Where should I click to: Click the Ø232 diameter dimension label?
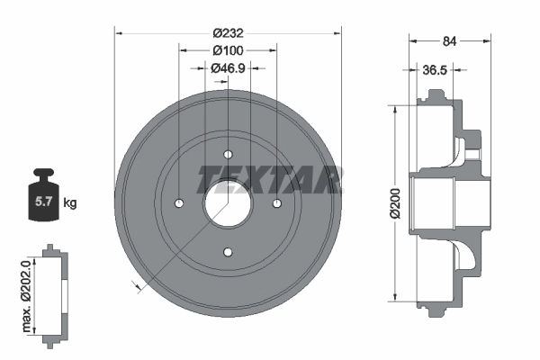click(228, 32)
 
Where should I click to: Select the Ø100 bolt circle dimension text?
click(228, 50)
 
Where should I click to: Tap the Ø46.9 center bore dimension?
click(228, 67)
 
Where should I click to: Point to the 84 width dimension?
click(450, 40)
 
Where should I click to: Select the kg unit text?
click(69, 203)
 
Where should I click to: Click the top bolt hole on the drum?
click(228, 153)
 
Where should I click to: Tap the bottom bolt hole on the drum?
click(228, 251)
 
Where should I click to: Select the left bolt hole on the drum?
click(179, 202)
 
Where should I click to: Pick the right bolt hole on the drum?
click(276, 202)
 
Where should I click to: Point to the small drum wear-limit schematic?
click(54, 292)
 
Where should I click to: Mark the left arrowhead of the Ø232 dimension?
click(120, 32)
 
